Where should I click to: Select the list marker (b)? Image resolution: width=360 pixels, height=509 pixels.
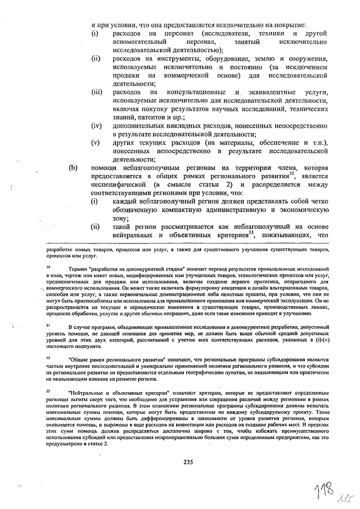(x=73, y=168)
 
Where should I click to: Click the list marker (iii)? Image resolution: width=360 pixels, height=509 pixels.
(x=97, y=91)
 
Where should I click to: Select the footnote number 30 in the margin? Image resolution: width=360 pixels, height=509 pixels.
(x=48, y=268)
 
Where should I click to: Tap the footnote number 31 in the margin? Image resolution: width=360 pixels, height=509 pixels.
(x=48, y=325)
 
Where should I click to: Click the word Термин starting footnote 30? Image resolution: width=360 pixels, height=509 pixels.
(x=77, y=269)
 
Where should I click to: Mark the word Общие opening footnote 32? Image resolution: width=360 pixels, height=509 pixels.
(x=79, y=358)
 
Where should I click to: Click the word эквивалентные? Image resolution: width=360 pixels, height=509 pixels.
(x=262, y=91)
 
